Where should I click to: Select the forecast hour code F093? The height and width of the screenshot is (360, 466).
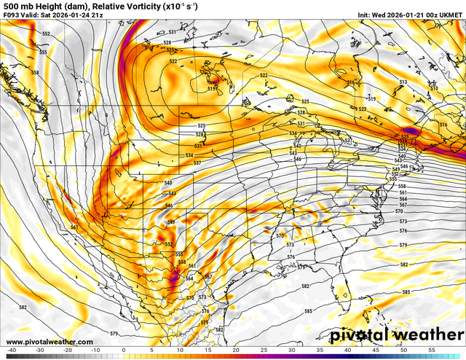(x=13, y=15)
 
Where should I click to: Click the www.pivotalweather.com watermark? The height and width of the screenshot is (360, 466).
(x=49, y=342)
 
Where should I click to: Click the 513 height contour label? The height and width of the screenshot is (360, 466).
(x=403, y=84)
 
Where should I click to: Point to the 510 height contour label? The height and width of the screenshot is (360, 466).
(x=433, y=88)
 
